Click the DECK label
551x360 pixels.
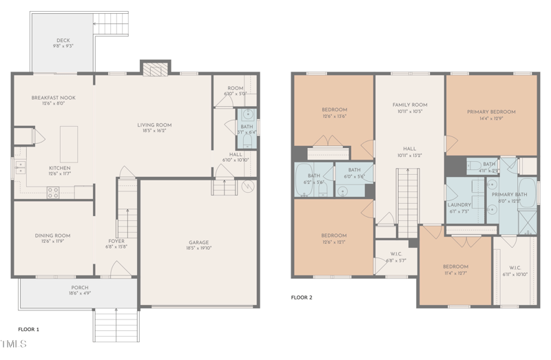click(x=63, y=41)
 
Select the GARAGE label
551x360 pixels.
click(x=199, y=242)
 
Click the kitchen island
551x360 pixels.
click(x=69, y=143)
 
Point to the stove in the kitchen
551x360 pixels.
click(x=53, y=193)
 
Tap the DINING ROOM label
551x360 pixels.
click(x=53, y=236)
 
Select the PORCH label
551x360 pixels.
click(x=80, y=288)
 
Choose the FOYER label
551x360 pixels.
click(x=116, y=242)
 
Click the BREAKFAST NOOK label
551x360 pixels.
click(x=53, y=98)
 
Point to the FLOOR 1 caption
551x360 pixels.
click(x=28, y=330)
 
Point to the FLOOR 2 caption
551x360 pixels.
click(x=302, y=297)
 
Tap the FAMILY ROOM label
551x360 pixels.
click(x=410, y=105)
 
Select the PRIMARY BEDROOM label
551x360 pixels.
click(x=491, y=112)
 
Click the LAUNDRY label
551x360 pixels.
click(x=459, y=204)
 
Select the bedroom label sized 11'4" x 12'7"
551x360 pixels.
click(x=455, y=266)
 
